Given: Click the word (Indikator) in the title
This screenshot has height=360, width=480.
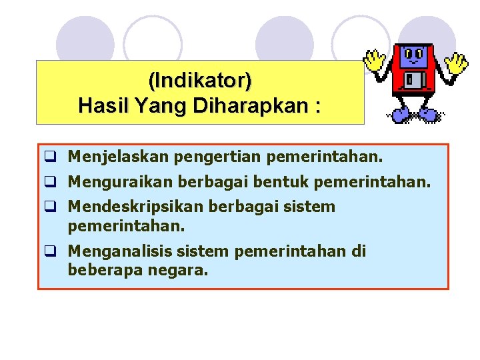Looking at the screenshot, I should pyautogui.click(x=200, y=81).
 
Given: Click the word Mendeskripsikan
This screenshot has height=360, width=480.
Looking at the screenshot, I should pyautogui.click(x=135, y=207).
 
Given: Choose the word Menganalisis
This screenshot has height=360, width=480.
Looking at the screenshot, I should pyautogui.click(x=119, y=251).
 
